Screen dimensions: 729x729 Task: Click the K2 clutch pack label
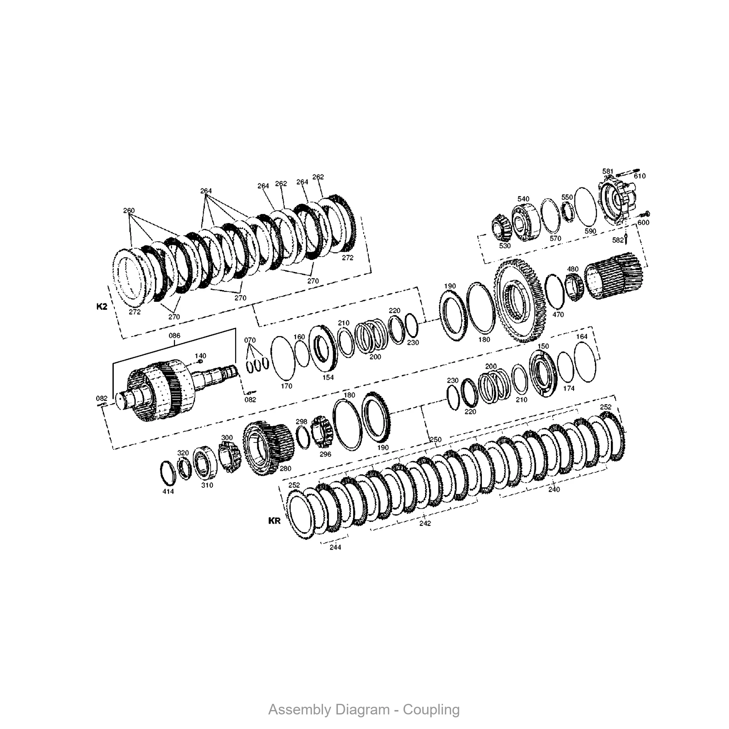[102, 307]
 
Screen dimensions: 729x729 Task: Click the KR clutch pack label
[274, 521]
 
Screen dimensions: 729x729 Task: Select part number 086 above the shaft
[174, 335]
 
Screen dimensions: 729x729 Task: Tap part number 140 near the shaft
[200, 356]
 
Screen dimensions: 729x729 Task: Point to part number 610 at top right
[640, 176]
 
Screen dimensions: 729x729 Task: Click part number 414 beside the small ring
[168, 491]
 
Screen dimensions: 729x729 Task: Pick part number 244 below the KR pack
[335, 547]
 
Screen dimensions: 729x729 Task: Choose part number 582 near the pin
[618, 240]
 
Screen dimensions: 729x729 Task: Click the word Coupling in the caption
[431, 710]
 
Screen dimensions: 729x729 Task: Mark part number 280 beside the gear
[285, 469]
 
